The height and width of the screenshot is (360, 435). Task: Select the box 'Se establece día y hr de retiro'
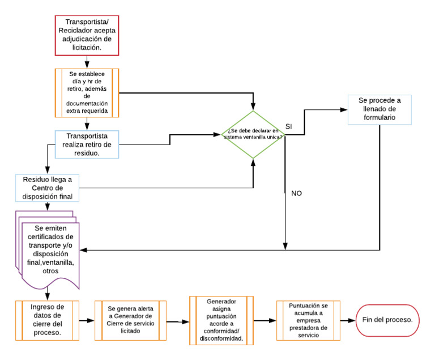pyautogui.click(x=87, y=93)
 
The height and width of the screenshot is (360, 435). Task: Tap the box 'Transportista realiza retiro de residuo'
pyautogui.click(x=87, y=144)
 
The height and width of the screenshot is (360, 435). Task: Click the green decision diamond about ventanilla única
pyautogui.click(x=253, y=135)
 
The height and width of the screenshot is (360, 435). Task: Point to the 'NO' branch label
pyautogui.click(x=296, y=193)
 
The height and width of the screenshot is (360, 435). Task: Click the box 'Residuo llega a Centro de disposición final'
pyautogui.click(x=48, y=188)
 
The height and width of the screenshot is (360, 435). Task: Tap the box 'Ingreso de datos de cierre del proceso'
pyautogui.click(x=47, y=320)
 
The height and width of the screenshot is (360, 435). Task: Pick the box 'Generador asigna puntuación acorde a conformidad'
pyautogui.click(x=221, y=320)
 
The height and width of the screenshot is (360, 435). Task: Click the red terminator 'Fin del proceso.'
pyautogui.click(x=387, y=320)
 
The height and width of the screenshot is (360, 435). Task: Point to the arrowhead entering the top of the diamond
pyautogui.click(x=253, y=107)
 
